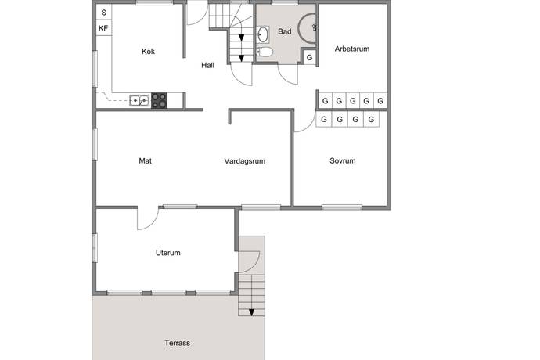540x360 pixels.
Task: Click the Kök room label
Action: coord(148,52)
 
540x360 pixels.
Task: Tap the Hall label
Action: coord(207,66)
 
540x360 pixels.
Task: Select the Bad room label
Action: coord(284,31)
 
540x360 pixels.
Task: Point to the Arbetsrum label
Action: coord(352,49)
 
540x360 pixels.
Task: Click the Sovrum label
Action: coord(342,161)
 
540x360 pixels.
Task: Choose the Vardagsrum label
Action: coord(244,161)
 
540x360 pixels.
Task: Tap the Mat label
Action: coord(145,161)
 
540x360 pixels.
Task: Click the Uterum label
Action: coord(167,253)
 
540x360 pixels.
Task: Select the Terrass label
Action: coord(177,343)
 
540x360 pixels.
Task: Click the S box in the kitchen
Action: coord(103,13)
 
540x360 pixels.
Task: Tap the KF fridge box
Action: coord(103,28)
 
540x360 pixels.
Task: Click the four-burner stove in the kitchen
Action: coord(159,101)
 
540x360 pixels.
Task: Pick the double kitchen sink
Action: coord(139,101)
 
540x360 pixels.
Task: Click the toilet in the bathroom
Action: coord(265,52)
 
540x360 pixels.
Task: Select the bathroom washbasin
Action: coord(263,34)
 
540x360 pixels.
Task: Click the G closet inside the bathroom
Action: coord(309,58)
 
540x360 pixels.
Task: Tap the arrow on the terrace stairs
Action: coord(252,312)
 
